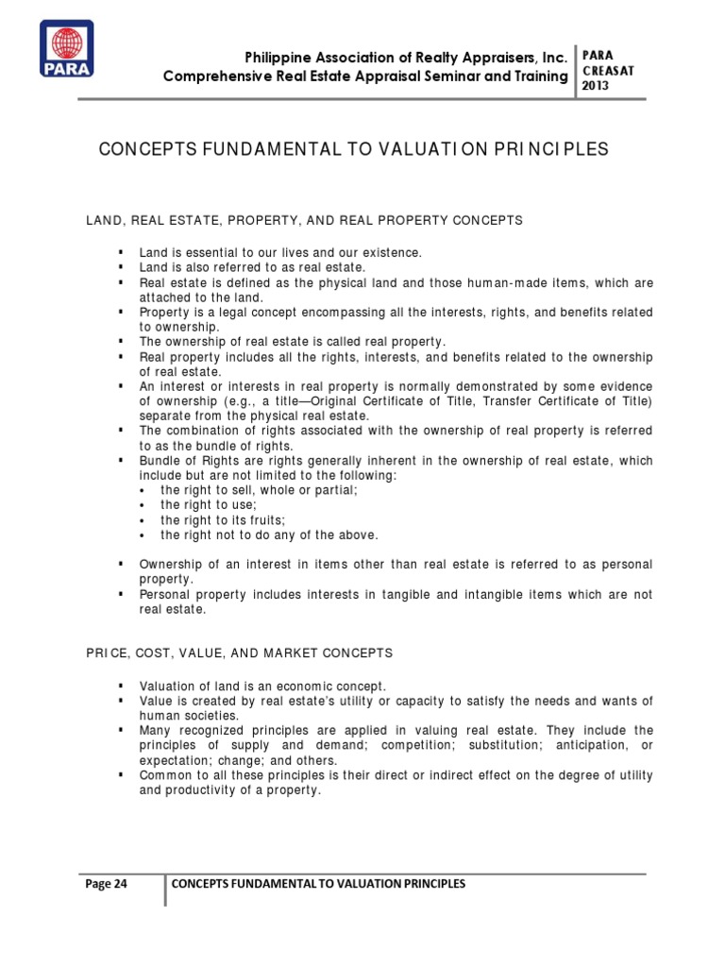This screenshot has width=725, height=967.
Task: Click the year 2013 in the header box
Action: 597,86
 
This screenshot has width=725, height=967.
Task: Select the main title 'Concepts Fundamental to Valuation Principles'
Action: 354,149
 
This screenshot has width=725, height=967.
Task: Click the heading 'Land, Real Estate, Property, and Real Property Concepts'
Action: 304,220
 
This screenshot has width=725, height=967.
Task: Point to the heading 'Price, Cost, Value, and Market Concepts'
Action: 241,653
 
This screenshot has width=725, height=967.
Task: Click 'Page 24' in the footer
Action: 107,883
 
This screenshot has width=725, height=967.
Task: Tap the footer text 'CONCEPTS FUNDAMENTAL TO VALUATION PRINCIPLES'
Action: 318,883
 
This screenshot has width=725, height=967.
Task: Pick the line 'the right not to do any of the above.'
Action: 268,535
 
